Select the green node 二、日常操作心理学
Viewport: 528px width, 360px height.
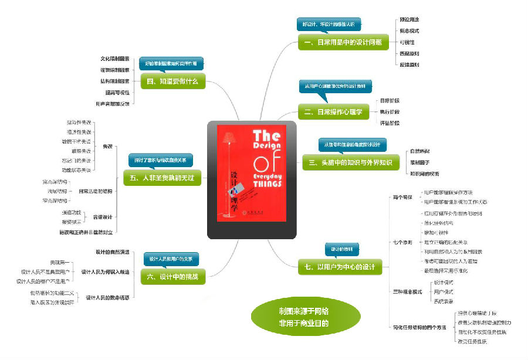coord(333,111)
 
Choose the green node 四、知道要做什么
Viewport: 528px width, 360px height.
coord(174,81)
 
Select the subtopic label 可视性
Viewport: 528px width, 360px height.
coord(407,42)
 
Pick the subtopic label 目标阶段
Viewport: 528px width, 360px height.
coord(390,100)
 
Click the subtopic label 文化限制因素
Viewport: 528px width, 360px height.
coord(114,59)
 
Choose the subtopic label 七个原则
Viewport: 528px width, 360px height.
coord(402,242)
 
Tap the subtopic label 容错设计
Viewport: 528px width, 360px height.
coord(103,217)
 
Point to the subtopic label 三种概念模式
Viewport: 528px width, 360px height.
coord(407,291)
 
